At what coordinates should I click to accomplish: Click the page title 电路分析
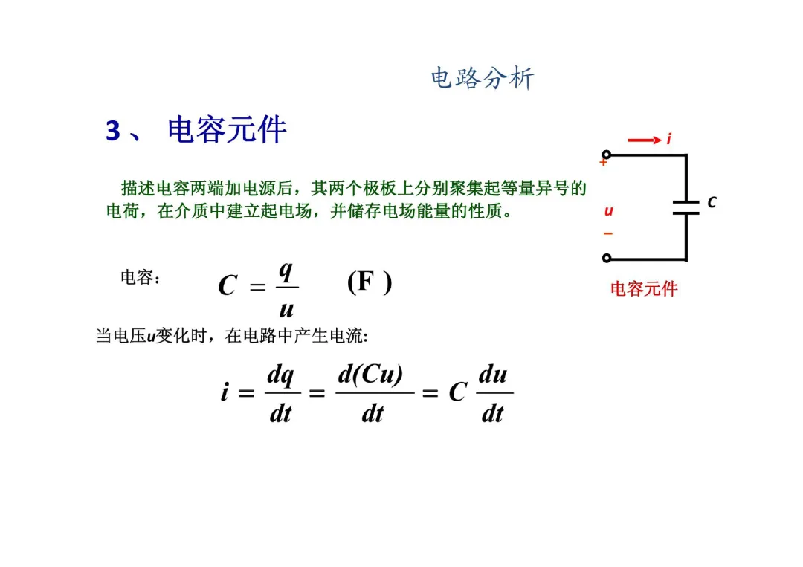[483, 78]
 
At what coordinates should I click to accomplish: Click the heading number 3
[113, 132]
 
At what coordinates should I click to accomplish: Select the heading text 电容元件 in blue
[227, 130]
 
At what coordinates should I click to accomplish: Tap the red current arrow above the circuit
[644, 140]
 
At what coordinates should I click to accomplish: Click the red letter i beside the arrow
[668, 139]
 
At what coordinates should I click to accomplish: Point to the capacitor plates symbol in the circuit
[686, 206]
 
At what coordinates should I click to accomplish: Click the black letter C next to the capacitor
[712, 202]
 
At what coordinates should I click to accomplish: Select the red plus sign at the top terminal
[603, 162]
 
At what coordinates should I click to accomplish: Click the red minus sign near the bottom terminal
[607, 233]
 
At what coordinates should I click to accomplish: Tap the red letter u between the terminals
[608, 211]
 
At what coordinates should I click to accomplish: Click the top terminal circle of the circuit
[607, 155]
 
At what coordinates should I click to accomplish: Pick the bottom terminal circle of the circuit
[607, 259]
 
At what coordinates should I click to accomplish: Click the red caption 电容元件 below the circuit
[644, 289]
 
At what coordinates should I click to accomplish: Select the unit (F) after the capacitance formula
[369, 282]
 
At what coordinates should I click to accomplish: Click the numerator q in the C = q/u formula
[284, 270]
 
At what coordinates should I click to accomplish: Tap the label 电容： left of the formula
[140, 278]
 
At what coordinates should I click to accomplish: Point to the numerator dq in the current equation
[280, 375]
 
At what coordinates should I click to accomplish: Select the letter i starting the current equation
[225, 392]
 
